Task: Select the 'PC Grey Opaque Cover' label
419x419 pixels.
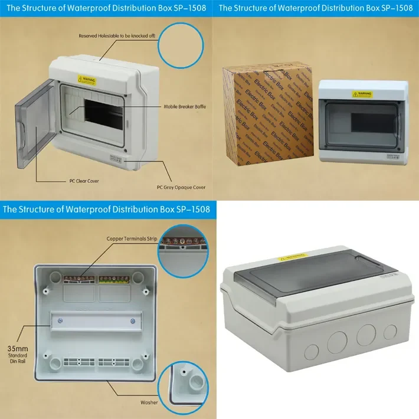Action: [x=181, y=187]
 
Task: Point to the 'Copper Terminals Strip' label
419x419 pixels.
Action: [x=132, y=239]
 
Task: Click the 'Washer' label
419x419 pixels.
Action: [x=149, y=402]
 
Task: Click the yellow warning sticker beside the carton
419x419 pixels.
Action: [x=362, y=94]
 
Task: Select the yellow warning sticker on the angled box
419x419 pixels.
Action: [x=293, y=257]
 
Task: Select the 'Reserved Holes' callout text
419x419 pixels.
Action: [x=117, y=36]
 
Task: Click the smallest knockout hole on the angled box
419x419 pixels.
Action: [x=389, y=332]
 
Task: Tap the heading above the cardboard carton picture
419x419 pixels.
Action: [x=316, y=8]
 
